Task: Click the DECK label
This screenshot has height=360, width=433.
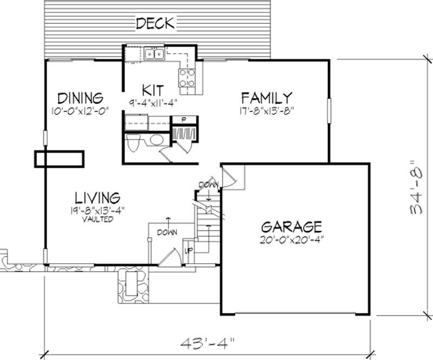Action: pos(155,23)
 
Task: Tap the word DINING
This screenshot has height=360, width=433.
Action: pos(81,99)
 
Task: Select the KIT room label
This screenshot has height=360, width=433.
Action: pos(153,89)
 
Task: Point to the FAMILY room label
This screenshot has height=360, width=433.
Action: pos(267,98)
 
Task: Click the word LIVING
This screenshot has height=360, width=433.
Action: pos(97,197)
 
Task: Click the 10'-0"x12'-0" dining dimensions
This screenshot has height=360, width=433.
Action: pos(78,110)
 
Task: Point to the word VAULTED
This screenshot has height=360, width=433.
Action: pos(97,219)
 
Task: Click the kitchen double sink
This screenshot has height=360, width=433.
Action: pos(154,54)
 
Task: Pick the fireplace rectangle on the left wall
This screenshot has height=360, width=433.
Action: pos(60,159)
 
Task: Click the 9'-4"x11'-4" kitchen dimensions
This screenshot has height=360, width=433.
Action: pos(154,101)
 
